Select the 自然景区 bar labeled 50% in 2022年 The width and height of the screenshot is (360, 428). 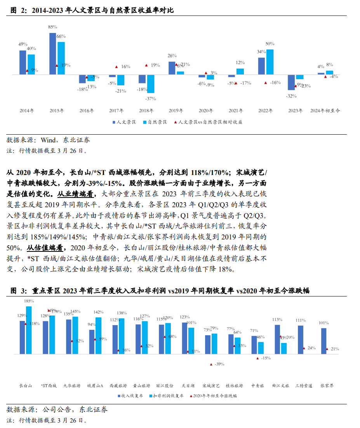(x=270, y=62)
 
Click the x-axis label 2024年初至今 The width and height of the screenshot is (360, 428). (x=325, y=111)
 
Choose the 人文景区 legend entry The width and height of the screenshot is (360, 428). (x=124, y=122)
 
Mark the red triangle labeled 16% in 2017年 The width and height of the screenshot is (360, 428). (x=116, y=67)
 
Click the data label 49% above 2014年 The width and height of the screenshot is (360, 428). (x=23, y=44)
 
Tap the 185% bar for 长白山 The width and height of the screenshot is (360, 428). (x=29, y=330)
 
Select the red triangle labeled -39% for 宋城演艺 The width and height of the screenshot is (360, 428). (x=211, y=364)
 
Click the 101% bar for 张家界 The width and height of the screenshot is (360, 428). (x=323, y=341)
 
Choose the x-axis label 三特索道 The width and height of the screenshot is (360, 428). (x=304, y=386)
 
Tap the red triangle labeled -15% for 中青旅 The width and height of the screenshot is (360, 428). (x=257, y=358)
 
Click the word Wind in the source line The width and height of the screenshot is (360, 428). (x=48, y=140)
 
